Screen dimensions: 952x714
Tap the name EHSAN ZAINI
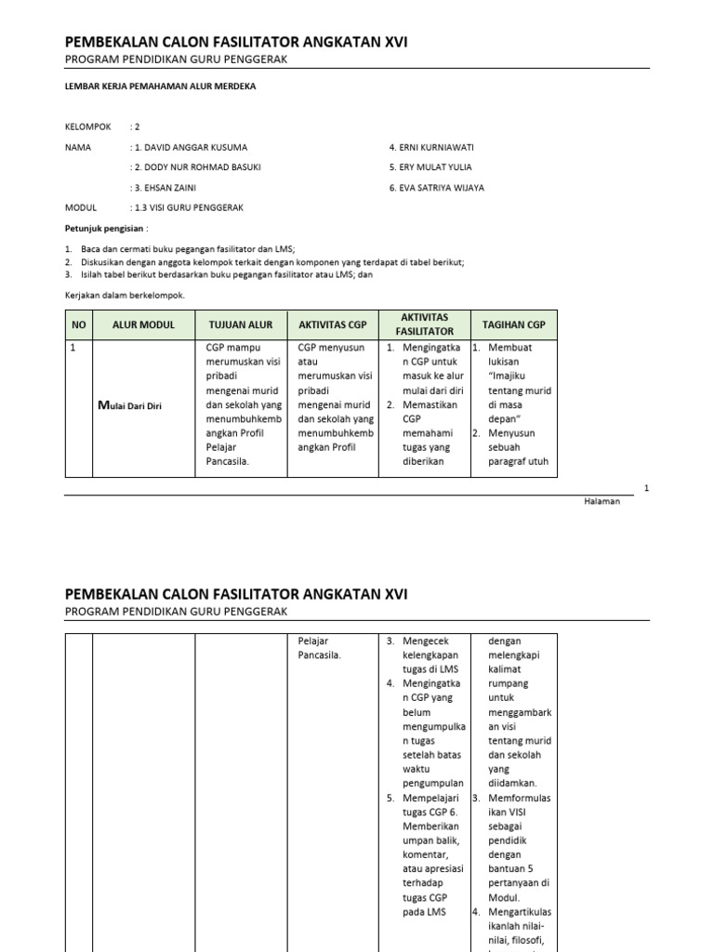pos(174,187)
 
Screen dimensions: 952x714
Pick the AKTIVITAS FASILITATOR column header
pos(424,324)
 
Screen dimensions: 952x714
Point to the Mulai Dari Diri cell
pos(130,405)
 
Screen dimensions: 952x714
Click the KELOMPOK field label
pos(87,127)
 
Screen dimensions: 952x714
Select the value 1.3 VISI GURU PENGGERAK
pos(189,207)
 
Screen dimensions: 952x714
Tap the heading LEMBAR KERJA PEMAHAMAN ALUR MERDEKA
pos(160,86)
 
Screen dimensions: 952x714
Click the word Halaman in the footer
pos(602,501)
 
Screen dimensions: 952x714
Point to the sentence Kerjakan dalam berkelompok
pos(125,295)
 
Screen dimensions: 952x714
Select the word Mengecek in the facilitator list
pos(426,641)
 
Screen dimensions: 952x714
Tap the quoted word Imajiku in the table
pos(508,376)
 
